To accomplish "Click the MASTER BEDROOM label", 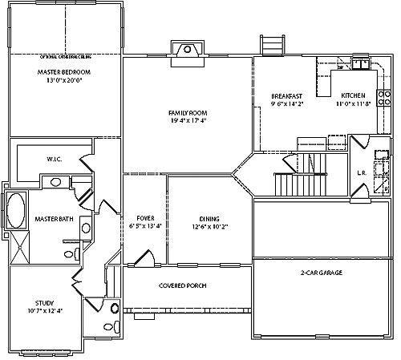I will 64,72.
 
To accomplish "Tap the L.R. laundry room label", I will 361,172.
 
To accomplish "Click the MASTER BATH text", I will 55,219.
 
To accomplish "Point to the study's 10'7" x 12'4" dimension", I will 44,311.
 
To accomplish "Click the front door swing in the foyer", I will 144,257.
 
